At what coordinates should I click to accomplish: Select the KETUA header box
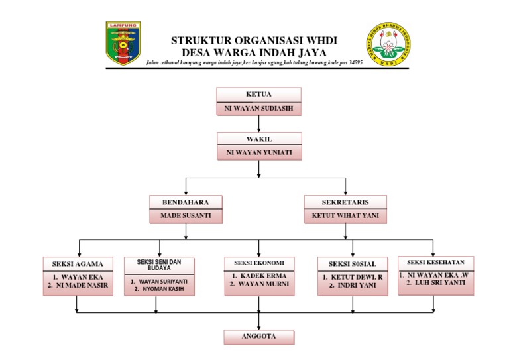[x=258, y=94]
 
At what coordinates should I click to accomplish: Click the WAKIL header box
[x=258, y=139]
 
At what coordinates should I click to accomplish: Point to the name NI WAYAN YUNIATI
[x=258, y=152]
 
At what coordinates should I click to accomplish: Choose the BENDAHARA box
[x=186, y=202]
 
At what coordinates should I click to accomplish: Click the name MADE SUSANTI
[x=186, y=216]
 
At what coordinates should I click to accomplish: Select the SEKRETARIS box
[x=345, y=202]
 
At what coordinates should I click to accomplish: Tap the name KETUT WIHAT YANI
[x=345, y=216]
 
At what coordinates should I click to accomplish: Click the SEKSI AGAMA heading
[x=78, y=263]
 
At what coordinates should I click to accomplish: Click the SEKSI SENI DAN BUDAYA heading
[x=159, y=265]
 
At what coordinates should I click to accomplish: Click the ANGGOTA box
[x=258, y=336]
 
